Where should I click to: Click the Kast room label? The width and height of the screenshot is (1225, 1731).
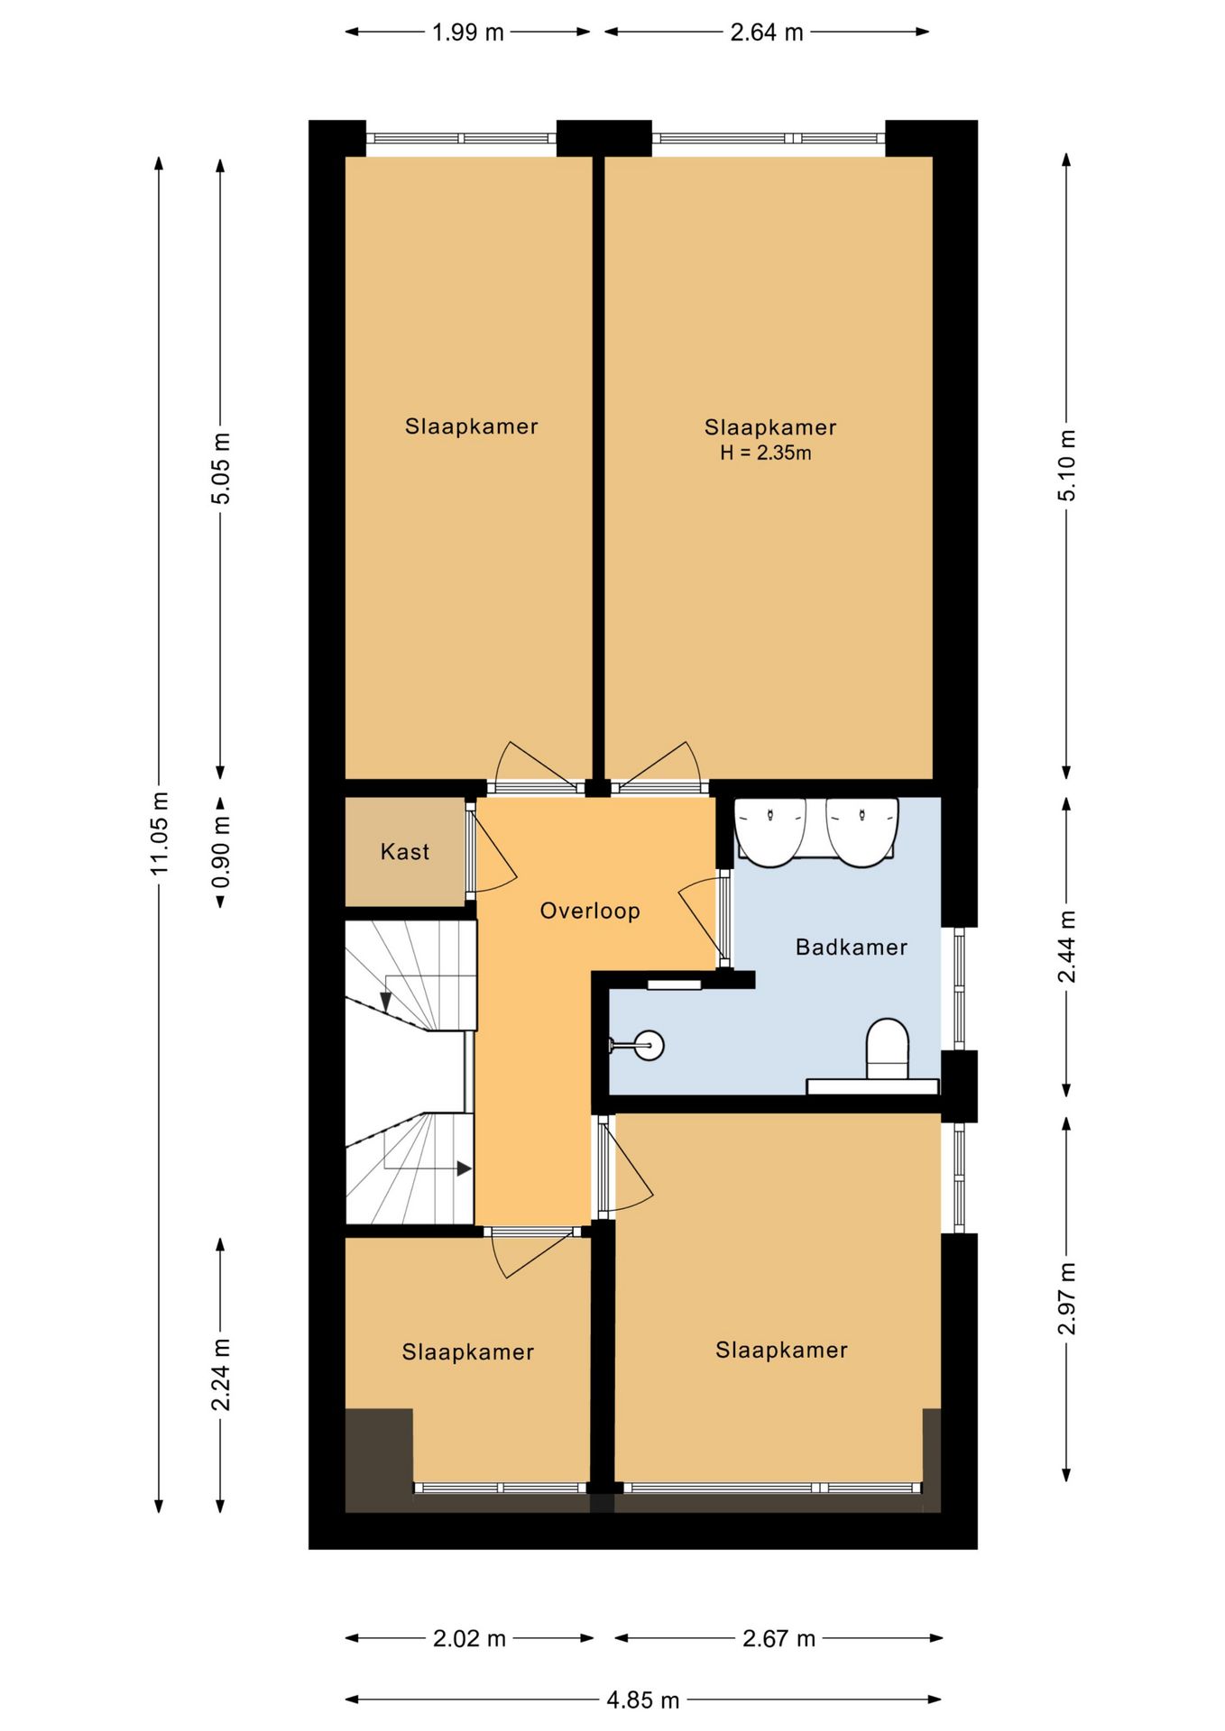coord(404,851)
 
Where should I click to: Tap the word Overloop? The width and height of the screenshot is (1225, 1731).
coord(590,911)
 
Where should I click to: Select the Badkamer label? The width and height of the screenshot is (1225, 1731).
coord(851,947)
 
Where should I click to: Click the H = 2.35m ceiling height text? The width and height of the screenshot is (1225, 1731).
coord(765,453)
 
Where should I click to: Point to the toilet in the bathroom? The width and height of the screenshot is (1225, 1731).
coord(888,1049)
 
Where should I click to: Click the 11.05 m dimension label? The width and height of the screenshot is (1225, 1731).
coord(159,833)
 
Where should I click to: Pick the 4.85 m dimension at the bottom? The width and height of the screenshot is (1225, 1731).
coord(642,1699)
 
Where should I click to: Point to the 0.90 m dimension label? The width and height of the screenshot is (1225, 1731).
coord(220,851)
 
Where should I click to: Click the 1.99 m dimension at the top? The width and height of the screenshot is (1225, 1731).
coord(467,32)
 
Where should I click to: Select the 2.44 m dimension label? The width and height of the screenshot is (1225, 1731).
coord(1066,947)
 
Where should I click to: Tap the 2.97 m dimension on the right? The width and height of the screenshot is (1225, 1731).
coord(1066,1298)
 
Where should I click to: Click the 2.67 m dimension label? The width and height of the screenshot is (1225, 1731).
coord(778,1638)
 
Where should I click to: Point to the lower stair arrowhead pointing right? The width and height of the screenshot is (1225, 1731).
coord(464,1168)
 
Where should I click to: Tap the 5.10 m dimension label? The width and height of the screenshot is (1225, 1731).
coord(1066,465)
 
